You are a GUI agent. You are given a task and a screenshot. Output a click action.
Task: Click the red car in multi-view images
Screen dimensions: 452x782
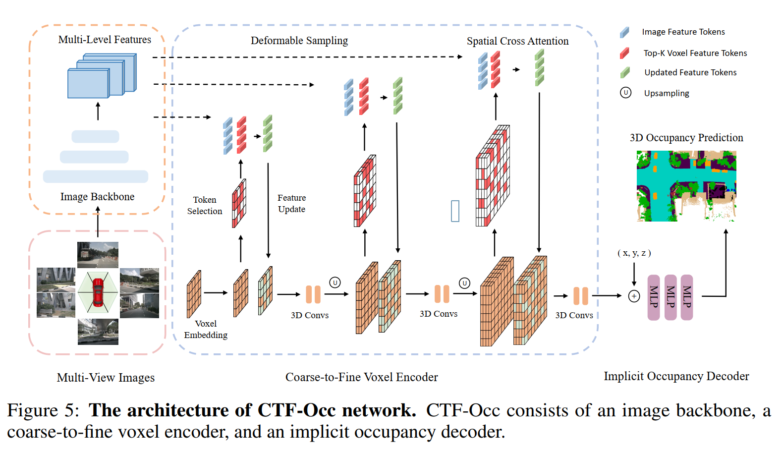[98, 293]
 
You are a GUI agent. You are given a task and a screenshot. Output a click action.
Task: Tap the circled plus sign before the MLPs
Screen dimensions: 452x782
[634, 296]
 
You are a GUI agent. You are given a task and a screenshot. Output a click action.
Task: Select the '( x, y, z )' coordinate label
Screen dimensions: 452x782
[634, 253]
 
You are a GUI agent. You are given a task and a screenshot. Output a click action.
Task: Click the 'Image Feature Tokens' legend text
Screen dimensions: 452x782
[683, 32]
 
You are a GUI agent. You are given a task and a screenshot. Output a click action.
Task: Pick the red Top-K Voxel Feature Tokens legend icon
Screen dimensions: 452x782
[624, 53]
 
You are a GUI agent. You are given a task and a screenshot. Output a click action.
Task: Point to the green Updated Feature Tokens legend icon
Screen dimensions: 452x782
[625, 73]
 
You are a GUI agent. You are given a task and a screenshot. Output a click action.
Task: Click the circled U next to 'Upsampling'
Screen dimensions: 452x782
[625, 93]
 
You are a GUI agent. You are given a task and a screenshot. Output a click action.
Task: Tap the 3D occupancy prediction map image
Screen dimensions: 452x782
[686, 186]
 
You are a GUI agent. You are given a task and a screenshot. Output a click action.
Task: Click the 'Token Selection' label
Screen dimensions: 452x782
[205, 205]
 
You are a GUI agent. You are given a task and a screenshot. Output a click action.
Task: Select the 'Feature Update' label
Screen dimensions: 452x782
[291, 203]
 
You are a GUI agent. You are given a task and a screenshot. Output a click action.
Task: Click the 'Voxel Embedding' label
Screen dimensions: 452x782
[206, 329]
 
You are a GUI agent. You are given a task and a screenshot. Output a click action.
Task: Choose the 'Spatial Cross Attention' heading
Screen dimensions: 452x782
[517, 41]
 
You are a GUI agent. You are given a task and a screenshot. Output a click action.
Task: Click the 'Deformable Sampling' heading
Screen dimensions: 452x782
[299, 41]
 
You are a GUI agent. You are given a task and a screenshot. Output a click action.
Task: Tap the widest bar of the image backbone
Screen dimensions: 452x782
[95, 176]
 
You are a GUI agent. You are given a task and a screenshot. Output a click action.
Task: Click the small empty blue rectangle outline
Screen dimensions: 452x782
[455, 211]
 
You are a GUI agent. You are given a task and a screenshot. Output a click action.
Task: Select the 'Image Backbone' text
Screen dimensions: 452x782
[97, 197]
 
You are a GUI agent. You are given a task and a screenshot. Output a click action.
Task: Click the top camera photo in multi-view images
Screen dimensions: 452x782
[98, 254]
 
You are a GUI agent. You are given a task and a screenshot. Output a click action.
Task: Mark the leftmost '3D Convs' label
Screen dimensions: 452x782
[310, 315]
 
